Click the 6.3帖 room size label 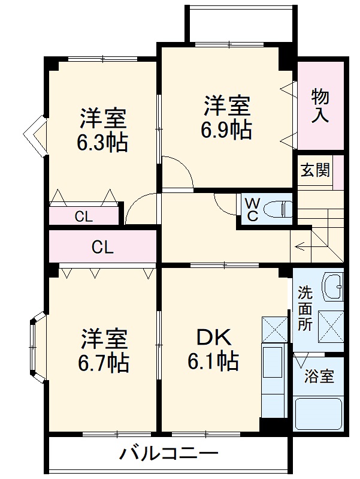(103, 143)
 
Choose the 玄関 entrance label (314, 170)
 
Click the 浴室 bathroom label (319, 377)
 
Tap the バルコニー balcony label (168, 454)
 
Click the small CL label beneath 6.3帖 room (84, 217)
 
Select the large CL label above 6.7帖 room (103, 246)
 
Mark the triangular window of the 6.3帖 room (37, 136)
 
